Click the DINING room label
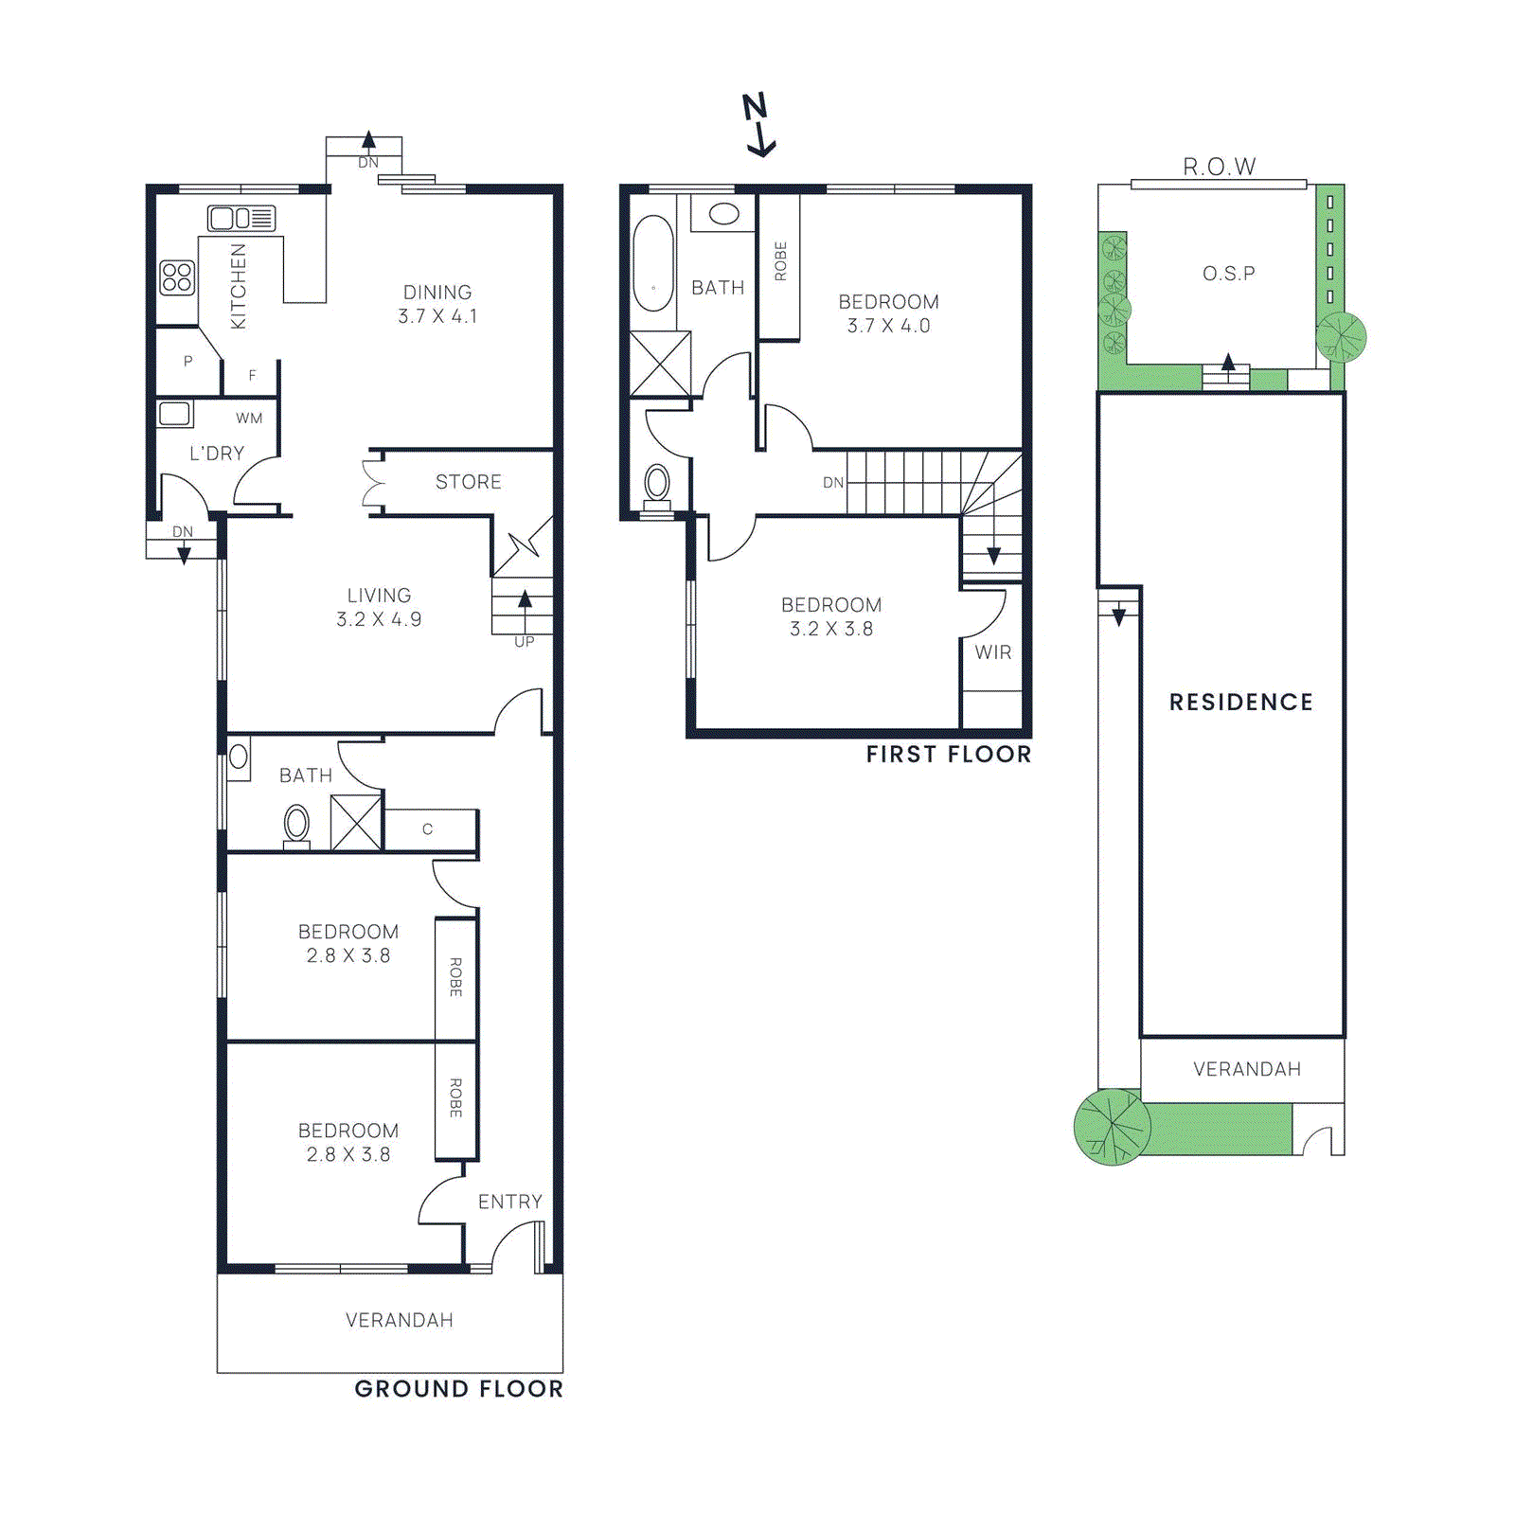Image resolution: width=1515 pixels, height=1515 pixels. click(437, 293)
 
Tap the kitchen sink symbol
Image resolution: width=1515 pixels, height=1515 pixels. click(241, 219)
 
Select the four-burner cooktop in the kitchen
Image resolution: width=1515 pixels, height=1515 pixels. click(177, 277)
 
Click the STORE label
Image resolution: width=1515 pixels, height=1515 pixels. click(468, 482)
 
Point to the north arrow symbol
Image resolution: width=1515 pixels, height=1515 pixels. click(757, 124)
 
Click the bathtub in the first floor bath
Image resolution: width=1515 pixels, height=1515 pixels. click(652, 263)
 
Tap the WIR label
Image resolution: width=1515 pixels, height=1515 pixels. click(992, 652)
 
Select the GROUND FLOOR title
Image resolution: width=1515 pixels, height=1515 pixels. click(458, 1389)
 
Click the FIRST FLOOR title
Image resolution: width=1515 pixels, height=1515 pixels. click(948, 755)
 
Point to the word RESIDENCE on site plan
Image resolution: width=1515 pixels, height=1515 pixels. click(1240, 703)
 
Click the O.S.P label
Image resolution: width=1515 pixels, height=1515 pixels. click(1228, 274)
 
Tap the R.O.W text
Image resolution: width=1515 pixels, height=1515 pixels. click(1219, 168)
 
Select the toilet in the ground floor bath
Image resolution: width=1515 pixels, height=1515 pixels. click(296, 825)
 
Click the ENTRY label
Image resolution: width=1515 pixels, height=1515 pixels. click(509, 1202)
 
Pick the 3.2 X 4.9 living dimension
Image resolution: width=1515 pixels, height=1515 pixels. click(379, 619)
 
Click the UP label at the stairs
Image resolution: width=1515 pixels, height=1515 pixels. click(524, 642)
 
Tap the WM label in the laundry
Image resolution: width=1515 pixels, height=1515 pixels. click(249, 419)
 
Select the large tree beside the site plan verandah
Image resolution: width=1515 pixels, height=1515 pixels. click(1112, 1127)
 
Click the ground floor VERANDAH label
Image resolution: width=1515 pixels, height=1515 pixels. click(399, 1320)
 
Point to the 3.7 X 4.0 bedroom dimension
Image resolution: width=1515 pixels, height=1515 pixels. click(888, 326)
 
